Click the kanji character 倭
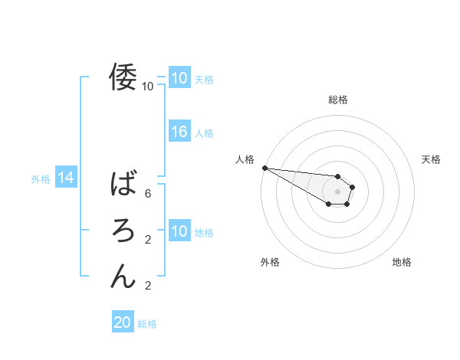tap(123, 77)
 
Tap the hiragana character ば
tap(123, 184)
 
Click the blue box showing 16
tap(179, 132)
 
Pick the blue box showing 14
tap(66, 178)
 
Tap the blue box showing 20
tap(123, 322)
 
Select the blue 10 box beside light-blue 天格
tap(179, 78)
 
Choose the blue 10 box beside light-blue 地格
tap(179, 231)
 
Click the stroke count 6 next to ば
tap(148, 194)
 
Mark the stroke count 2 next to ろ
tap(148, 240)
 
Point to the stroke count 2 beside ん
tap(148, 286)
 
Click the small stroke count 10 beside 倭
tap(148, 87)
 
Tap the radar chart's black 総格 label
tap(337, 100)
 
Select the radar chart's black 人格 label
tap(245, 159)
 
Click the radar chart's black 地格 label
tap(402, 263)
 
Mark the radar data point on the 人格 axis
tap(264, 168)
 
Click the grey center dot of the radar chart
tap(337, 191)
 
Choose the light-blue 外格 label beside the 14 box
tap(41, 179)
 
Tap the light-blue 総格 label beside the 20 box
tap(147, 324)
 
